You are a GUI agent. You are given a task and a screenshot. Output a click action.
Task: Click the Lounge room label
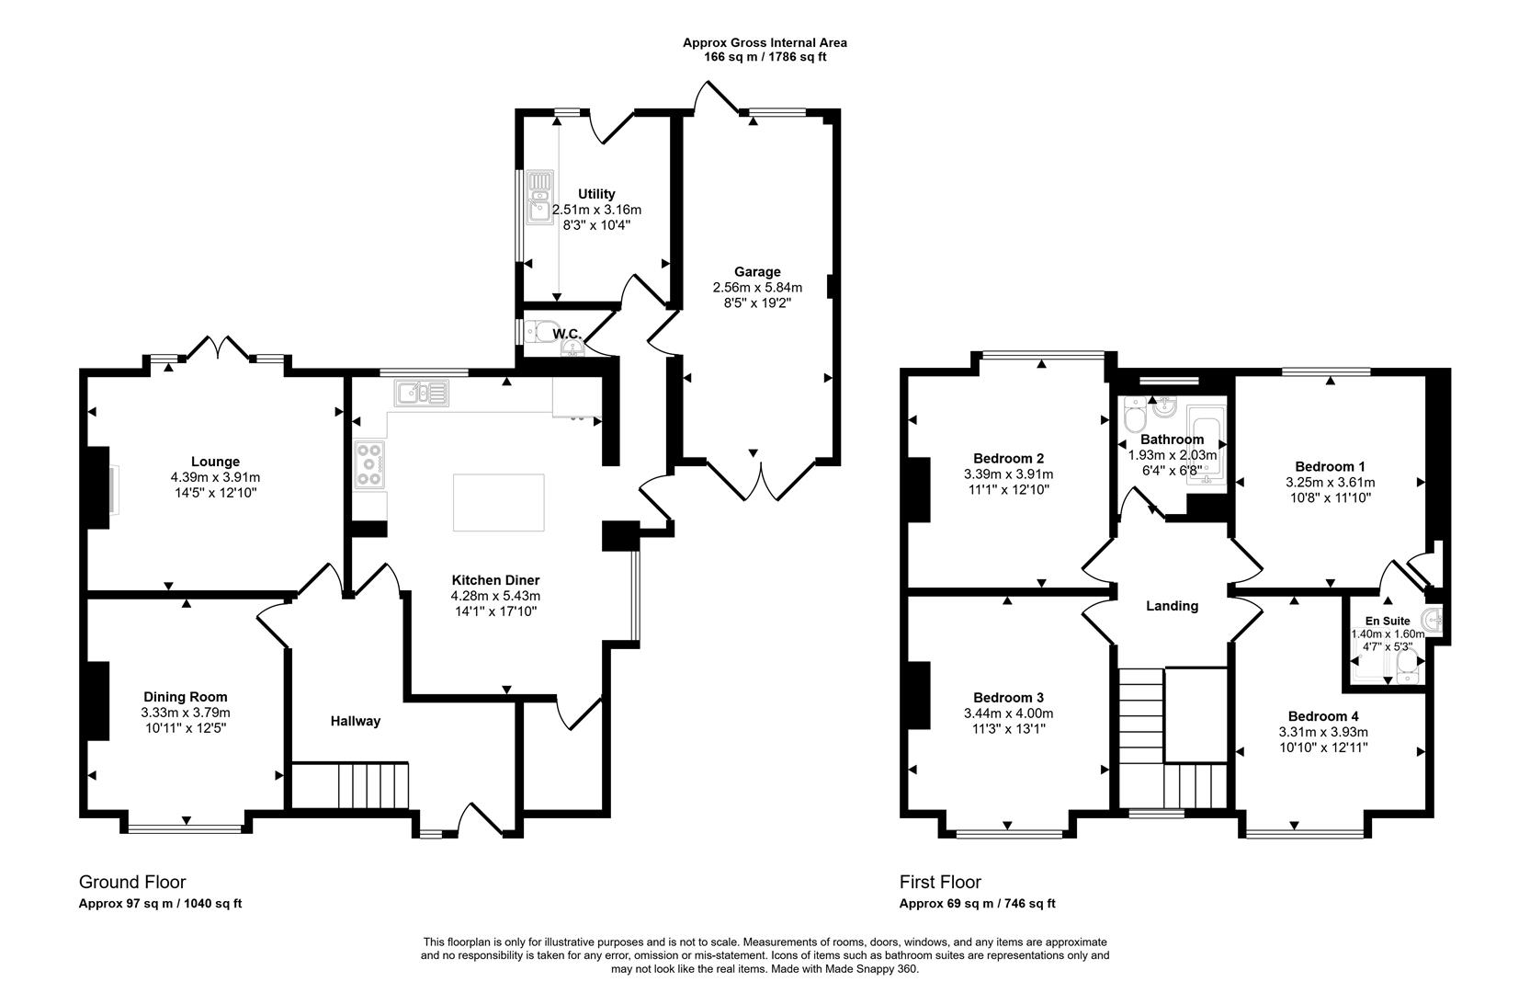pyautogui.click(x=215, y=462)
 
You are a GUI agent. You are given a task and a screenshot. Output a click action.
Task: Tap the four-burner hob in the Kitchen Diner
pyautogui.click(x=370, y=465)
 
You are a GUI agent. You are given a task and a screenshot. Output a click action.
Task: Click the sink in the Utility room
pyautogui.click(x=539, y=198)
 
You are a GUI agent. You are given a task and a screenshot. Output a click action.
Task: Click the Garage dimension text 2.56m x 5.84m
pyautogui.click(x=757, y=287)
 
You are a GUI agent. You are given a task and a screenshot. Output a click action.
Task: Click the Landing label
pyautogui.click(x=1172, y=606)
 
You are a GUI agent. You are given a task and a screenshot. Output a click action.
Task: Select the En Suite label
pyautogui.click(x=1388, y=622)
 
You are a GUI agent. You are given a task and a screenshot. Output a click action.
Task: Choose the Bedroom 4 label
pyautogui.click(x=1322, y=716)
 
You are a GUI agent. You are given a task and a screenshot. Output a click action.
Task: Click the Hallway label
pyautogui.click(x=356, y=721)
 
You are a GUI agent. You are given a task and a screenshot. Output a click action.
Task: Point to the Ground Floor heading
pyautogui.click(x=132, y=882)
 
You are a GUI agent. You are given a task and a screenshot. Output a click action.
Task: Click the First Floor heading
pyautogui.click(x=940, y=882)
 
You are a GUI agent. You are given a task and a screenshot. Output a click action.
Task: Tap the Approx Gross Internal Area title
pyautogui.click(x=765, y=42)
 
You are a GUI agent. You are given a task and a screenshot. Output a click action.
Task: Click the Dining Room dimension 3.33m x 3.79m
pyautogui.click(x=186, y=713)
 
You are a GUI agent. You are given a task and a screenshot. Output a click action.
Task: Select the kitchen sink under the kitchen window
pyautogui.click(x=422, y=394)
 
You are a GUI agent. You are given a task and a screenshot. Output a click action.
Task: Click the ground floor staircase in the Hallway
pyautogui.click(x=350, y=784)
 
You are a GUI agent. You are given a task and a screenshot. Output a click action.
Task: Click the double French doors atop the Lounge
pyautogui.click(x=218, y=348)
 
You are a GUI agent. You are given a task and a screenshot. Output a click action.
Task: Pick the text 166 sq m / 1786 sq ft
pyautogui.click(x=765, y=57)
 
